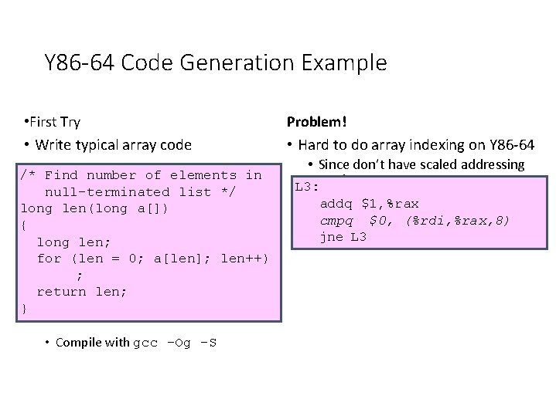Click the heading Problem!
[317, 122]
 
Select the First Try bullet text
[55, 122]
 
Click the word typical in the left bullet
[100, 144]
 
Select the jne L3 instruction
[343, 237]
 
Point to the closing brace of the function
[25, 309]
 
